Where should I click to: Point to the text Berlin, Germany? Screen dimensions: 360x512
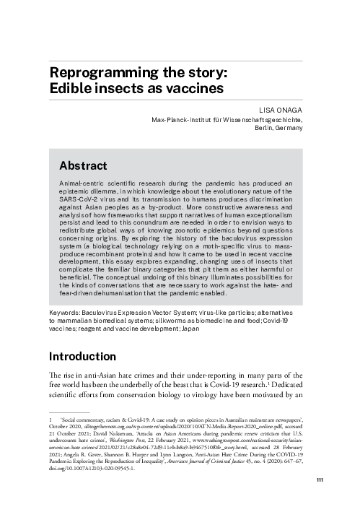[x=280, y=127]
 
